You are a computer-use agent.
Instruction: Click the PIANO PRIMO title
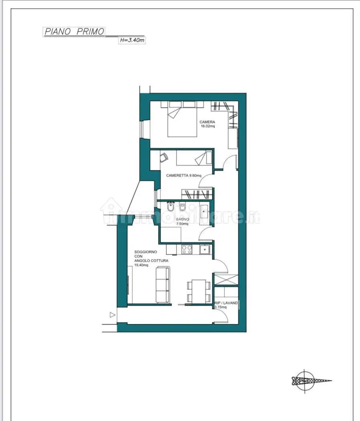point(74,32)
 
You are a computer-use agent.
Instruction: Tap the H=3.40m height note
point(132,40)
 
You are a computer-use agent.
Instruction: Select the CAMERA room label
point(207,122)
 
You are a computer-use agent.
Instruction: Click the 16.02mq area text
point(208,127)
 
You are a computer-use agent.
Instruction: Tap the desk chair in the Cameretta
point(164,158)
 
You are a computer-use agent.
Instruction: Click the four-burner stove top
point(187,249)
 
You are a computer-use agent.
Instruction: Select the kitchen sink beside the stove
point(205,249)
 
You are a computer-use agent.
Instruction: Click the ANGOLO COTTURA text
point(151,260)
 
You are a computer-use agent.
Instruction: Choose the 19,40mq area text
point(141,265)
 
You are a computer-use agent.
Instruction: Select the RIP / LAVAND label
point(226,303)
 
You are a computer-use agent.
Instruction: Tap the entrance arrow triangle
point(113,315)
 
